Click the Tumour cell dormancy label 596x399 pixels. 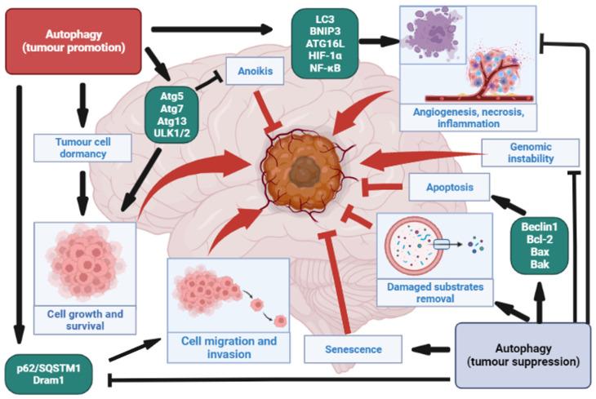[84, 147]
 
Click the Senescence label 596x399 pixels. [354, 349]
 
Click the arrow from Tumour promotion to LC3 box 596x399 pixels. [212, 29]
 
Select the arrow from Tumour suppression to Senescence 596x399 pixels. [432, 349]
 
